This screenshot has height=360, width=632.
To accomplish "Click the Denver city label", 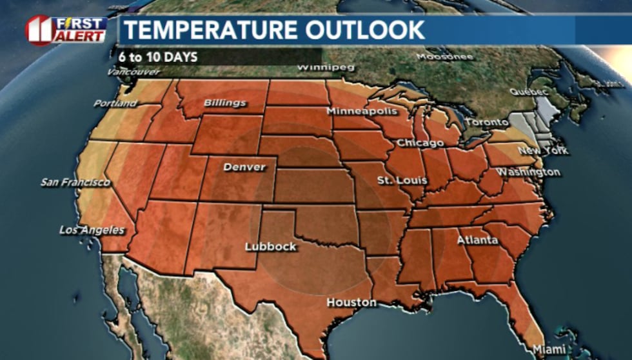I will tap(244, 167).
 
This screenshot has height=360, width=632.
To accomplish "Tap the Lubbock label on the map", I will tap(271, 246).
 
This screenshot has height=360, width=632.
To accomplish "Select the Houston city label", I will tap(351, 302).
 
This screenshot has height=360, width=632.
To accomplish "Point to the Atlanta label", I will tap(477, 241).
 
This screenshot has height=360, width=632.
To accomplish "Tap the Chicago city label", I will tap(420, 143).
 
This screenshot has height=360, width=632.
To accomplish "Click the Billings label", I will tap(225, 103).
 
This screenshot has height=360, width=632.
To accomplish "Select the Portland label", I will tap(115, 103).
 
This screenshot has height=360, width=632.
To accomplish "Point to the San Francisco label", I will tap(75, 183).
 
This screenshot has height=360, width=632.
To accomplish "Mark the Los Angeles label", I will tap(92, 230).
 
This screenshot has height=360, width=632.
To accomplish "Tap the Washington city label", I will tap(528, 172).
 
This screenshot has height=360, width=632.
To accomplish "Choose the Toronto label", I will tap(487, 122).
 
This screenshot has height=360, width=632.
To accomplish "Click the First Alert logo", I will tap(66, 30).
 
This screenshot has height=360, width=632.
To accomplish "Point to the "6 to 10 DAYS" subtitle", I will tap(157, 56).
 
